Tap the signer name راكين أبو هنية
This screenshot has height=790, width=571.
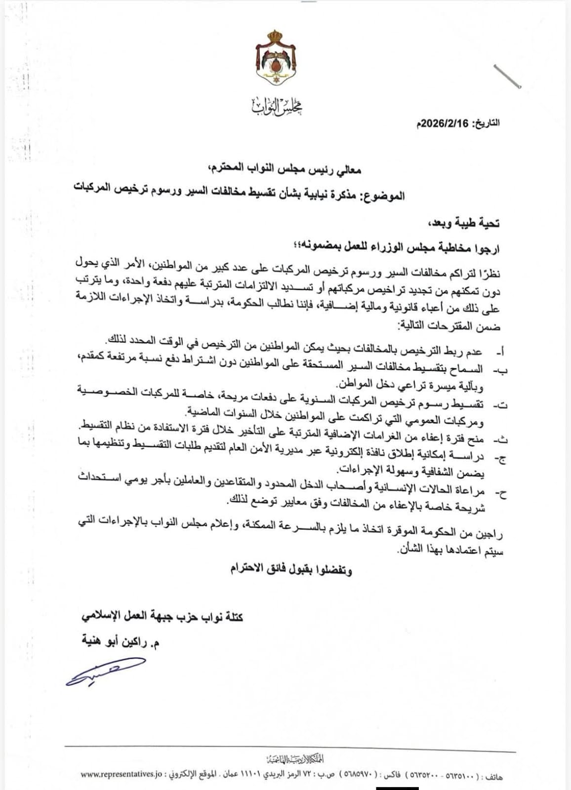pyautogui.click(x=122, y=642)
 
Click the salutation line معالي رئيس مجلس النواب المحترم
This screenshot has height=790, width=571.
pyautogui.click(x=284, y=170)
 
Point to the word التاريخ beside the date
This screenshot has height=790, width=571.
pyautogui.click(x=487, y=123)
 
